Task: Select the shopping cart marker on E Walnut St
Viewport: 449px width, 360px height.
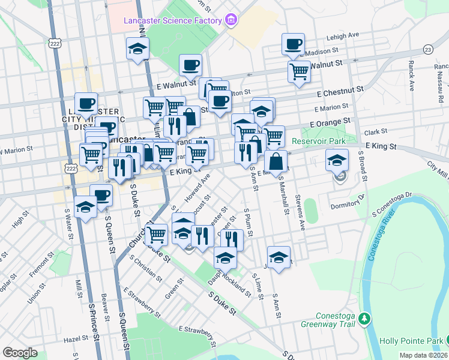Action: tap(299, 72)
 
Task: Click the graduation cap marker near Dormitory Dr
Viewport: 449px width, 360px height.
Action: tap(337, 160)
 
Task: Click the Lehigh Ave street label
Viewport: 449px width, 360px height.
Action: tap(342, 35)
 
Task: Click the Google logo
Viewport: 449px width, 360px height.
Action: tap(20, 353)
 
